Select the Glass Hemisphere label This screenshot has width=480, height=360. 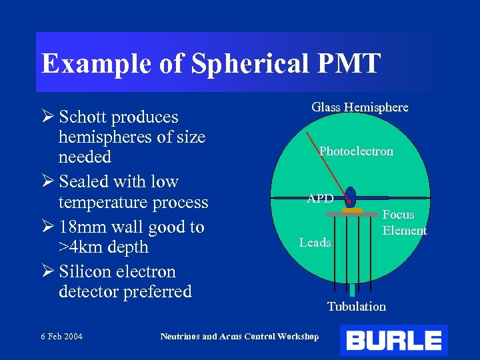coord(359,107)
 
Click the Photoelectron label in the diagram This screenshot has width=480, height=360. coord(356,151)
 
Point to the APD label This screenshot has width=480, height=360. coord(320,199)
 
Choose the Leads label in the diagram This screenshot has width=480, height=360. coord(315,243)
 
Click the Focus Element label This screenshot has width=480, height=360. coord(404,223)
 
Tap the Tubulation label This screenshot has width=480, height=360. coord(356,307)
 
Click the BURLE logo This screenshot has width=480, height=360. coord(393,341)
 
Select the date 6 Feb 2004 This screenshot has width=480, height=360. coord(61,337)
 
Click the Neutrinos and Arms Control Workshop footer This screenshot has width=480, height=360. coord(239,337)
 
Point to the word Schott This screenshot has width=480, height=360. coord(83,117)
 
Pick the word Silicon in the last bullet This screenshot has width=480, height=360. coord(83,272)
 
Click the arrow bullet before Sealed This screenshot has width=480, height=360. coord(48,181)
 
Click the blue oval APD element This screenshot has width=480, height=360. coord(351,197)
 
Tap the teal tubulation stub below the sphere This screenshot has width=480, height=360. coord(351,291)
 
